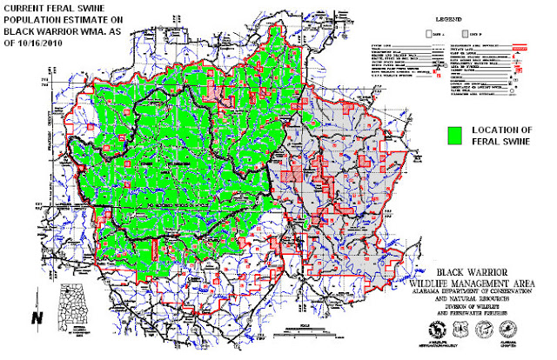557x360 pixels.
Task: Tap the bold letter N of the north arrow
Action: coord(35,318)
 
